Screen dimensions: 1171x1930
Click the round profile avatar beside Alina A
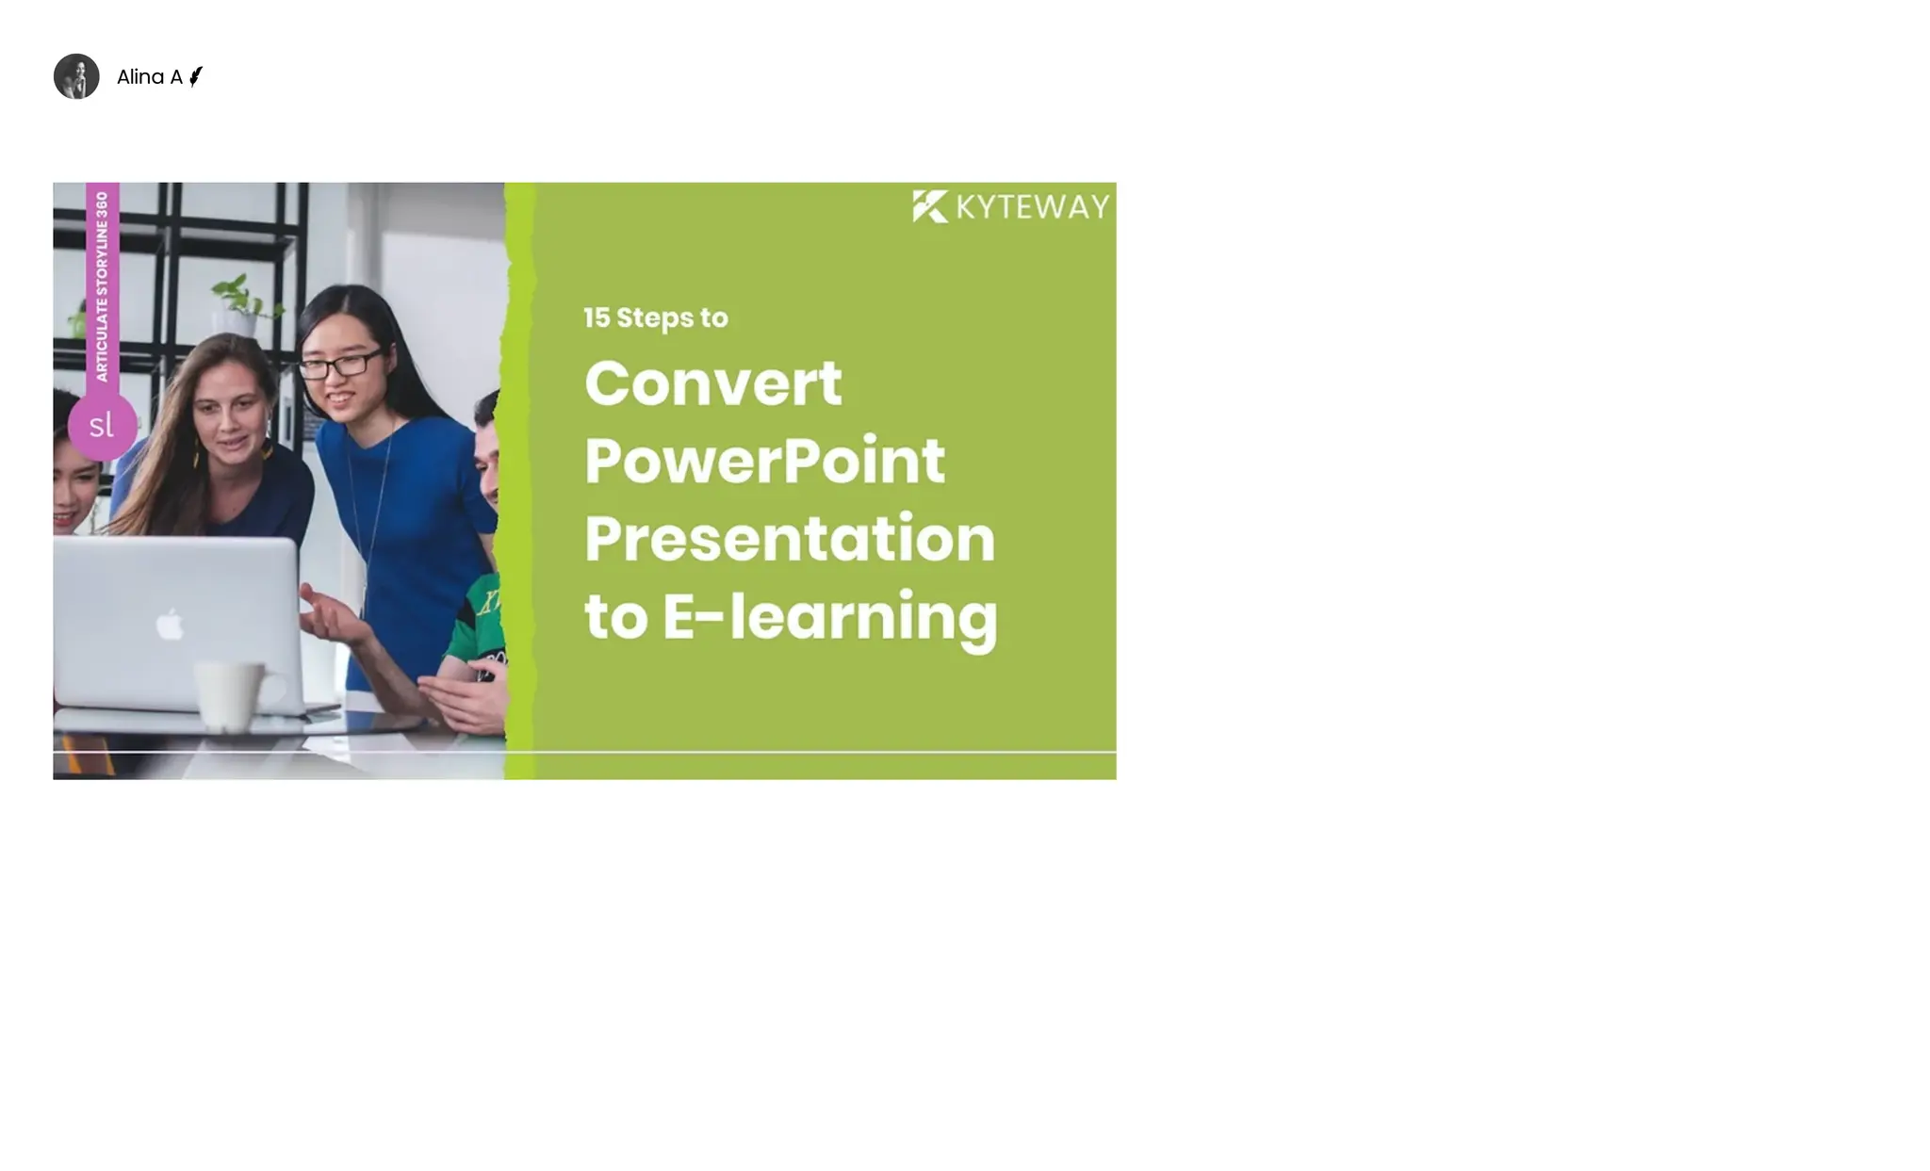point(76,76)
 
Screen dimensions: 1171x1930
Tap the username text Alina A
point(149,77)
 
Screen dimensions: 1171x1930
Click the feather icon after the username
point(195,76)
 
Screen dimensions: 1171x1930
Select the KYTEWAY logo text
point(1032,207)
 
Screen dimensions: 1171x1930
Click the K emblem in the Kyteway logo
point(929,206)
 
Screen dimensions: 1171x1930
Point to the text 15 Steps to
point(655,317)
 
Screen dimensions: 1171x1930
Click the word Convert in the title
point(712,383)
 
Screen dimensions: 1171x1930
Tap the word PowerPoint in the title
point(764,461)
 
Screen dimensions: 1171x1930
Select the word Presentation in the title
point(789,539)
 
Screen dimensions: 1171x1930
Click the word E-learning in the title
point(829,617)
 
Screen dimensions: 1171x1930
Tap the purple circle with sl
point(102,426)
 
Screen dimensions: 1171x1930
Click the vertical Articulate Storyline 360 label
point(102,286)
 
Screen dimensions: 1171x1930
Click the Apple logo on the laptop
point(170,624)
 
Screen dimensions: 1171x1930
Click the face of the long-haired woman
point(230,424)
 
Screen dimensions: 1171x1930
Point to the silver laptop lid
point(174,622)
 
